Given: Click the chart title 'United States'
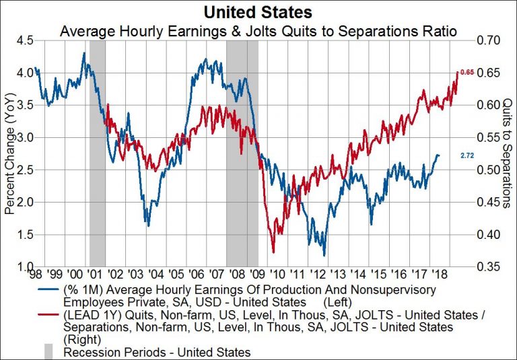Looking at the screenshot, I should (x=259, y=11).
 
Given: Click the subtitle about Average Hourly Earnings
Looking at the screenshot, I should (x=259, y=30).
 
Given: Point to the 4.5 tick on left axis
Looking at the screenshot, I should (x=26, y=40).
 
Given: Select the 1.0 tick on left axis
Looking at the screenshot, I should (x=26, y=267).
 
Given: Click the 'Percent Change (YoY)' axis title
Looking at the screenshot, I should (x=9, y=153).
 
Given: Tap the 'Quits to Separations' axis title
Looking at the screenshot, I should (x=506, y=153).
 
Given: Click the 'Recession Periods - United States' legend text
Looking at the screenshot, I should (x=157, y=352).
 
